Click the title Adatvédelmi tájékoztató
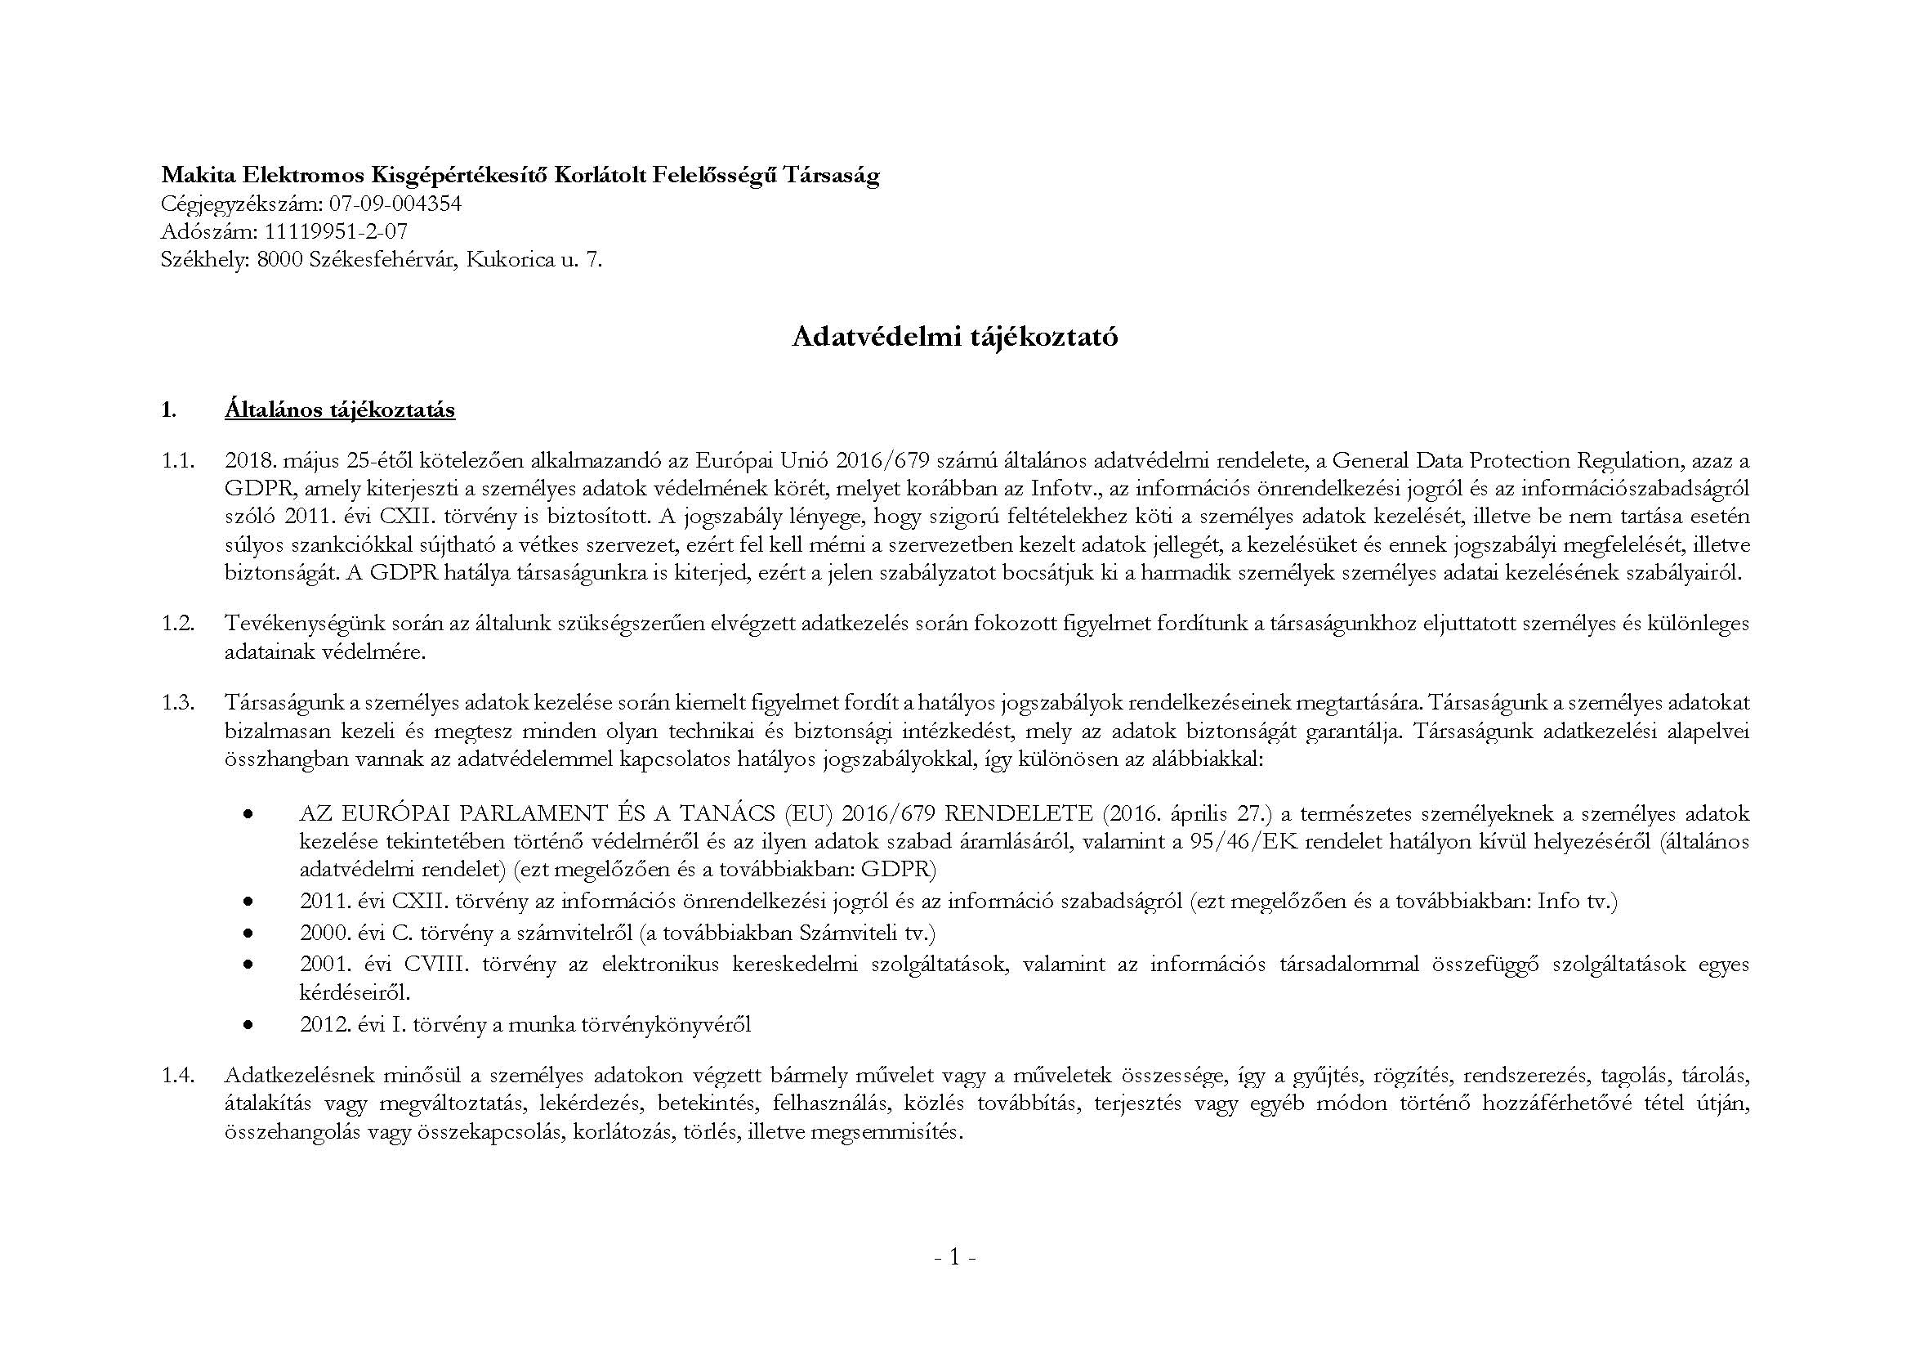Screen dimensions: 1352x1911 pyautogui.click(x=954, y=336)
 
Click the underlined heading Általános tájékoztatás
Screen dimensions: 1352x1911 pyautogui.click(x=340, y=410)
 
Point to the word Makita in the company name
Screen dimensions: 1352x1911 pyautogui.click(x=198, y=175)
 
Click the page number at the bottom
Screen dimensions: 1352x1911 pyautogui.click(x=954, y=1280)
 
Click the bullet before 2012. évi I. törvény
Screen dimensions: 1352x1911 pyautogui.click(x=248, y=1026)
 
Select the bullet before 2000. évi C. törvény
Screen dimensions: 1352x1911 pyautogui.click(x=248, y=933)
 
